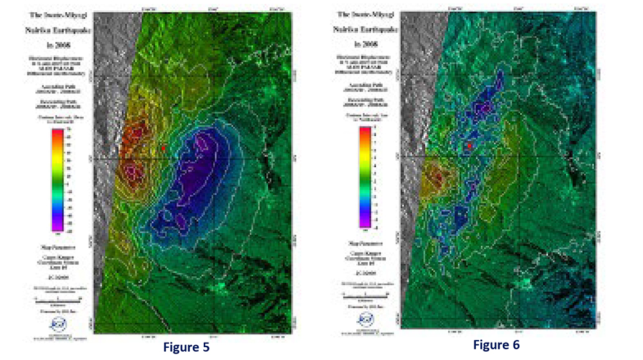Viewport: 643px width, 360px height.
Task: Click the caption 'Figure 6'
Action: pos(496,345)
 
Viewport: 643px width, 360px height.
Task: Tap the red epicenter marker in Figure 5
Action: pos(163,148)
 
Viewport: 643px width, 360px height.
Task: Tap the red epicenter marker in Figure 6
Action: pos(470,147)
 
